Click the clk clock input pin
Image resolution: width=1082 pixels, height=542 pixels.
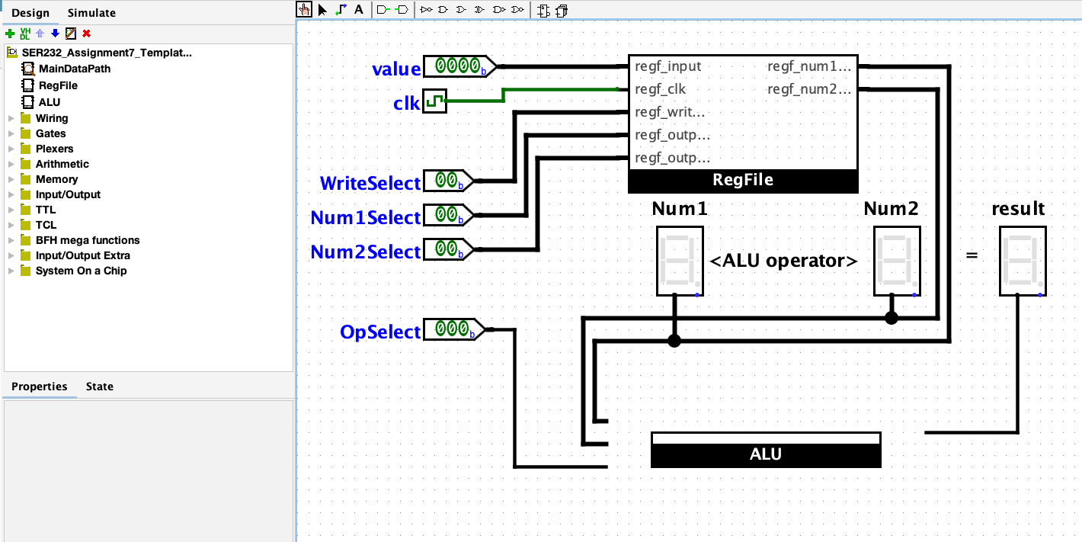pos(434,101)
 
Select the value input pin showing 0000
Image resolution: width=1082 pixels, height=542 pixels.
pos(458,67)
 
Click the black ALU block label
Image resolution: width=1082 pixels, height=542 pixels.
pos(766,454)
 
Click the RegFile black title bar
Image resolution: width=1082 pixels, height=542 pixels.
pos(743,181)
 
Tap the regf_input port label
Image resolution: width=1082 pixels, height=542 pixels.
pos(667,66)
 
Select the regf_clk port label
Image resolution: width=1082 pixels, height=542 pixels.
pos(660,89)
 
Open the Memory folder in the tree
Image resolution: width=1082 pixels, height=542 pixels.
pos(56,179)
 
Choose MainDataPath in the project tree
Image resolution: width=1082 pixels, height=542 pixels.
pos(74,69)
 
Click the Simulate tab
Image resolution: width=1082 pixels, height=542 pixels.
pos(91,13)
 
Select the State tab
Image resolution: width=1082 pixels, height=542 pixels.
pos(99,386)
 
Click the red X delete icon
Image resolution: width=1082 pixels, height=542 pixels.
pos(86,34)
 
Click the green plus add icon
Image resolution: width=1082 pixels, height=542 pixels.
pos(10,34)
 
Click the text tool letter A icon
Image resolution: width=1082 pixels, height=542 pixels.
pos(359,10)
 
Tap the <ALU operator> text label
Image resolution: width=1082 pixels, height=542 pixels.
pos(783,261)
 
